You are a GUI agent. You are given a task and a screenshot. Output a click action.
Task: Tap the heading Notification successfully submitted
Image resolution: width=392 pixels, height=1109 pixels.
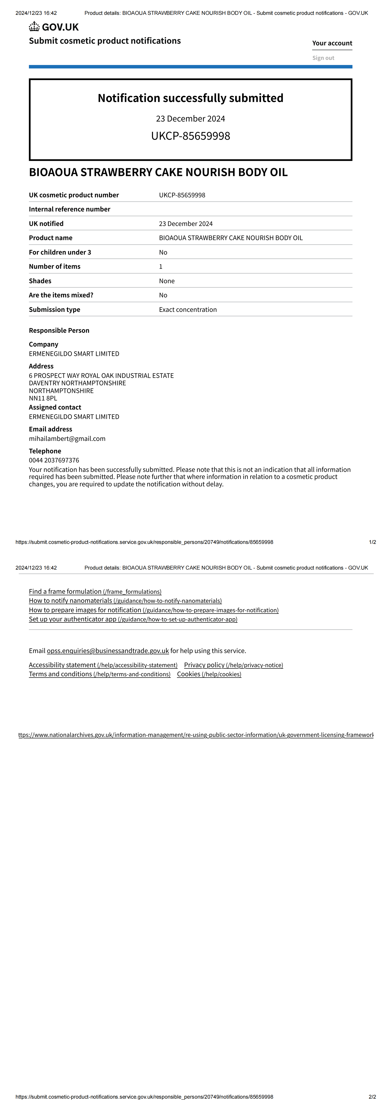tap(190, 98)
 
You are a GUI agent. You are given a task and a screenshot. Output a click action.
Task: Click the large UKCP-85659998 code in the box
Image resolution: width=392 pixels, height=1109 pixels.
tap(190, 136)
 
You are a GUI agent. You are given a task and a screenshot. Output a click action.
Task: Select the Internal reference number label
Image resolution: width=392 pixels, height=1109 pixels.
tap(69, 209)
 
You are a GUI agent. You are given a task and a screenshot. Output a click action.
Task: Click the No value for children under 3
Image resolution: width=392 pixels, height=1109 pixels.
tap(163, 252)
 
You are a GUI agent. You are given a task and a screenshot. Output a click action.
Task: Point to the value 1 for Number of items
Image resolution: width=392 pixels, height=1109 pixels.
tap(161, 266)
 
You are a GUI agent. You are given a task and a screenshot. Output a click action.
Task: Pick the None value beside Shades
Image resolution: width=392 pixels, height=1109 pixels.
tap(167, 281)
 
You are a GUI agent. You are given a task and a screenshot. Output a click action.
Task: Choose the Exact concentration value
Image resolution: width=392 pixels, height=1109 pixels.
tap(188, 310)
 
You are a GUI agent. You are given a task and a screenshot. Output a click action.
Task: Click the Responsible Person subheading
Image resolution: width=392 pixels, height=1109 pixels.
tap(59, 331)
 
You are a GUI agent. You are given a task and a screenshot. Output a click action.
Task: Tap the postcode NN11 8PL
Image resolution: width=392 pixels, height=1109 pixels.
tap(43, 398)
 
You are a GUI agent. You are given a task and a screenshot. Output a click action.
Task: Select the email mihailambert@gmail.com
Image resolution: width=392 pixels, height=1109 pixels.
tap(67, 439)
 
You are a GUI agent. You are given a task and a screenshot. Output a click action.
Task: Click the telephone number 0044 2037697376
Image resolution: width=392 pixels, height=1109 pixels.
tap(54, 460)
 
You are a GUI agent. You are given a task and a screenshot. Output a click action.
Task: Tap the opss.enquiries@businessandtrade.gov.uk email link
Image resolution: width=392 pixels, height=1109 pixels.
tap(108, 651)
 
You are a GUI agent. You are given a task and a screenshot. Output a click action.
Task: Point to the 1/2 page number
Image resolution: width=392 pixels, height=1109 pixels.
tap(372, 542)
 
